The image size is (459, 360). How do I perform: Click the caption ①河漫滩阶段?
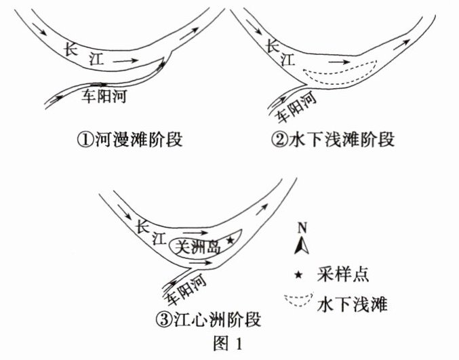tap(129, 140)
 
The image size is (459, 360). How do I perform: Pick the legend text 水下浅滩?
tap(351, 304)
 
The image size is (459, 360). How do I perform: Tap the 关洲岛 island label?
tap(197, 247)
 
